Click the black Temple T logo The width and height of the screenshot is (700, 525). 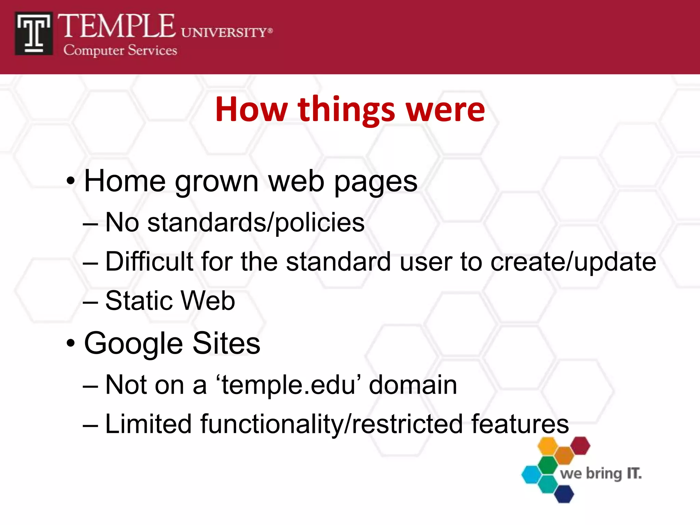click(x=33, y=33)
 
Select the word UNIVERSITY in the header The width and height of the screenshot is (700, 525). click(x=224, y=33)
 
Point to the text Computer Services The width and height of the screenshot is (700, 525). click(x=120, y=51)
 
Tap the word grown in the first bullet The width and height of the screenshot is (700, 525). click(x=217, y=182)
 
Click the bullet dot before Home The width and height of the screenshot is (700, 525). click(x=71, y=181)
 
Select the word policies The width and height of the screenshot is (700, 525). click(x=320, y=223)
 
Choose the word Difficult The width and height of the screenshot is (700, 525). click(x=149, y=262)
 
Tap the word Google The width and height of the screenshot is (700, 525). click(x=134, y=344)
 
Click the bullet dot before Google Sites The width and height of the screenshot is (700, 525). click(x=71, y=343)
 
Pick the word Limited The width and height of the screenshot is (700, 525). click(x=148, y=424)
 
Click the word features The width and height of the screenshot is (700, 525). click(x=520, y=424)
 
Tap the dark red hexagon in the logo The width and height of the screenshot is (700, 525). click(x=580, y=446)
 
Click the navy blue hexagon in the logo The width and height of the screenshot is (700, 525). click(x=564, y=494)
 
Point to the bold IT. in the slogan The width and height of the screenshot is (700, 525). click(x=634, y=474)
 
